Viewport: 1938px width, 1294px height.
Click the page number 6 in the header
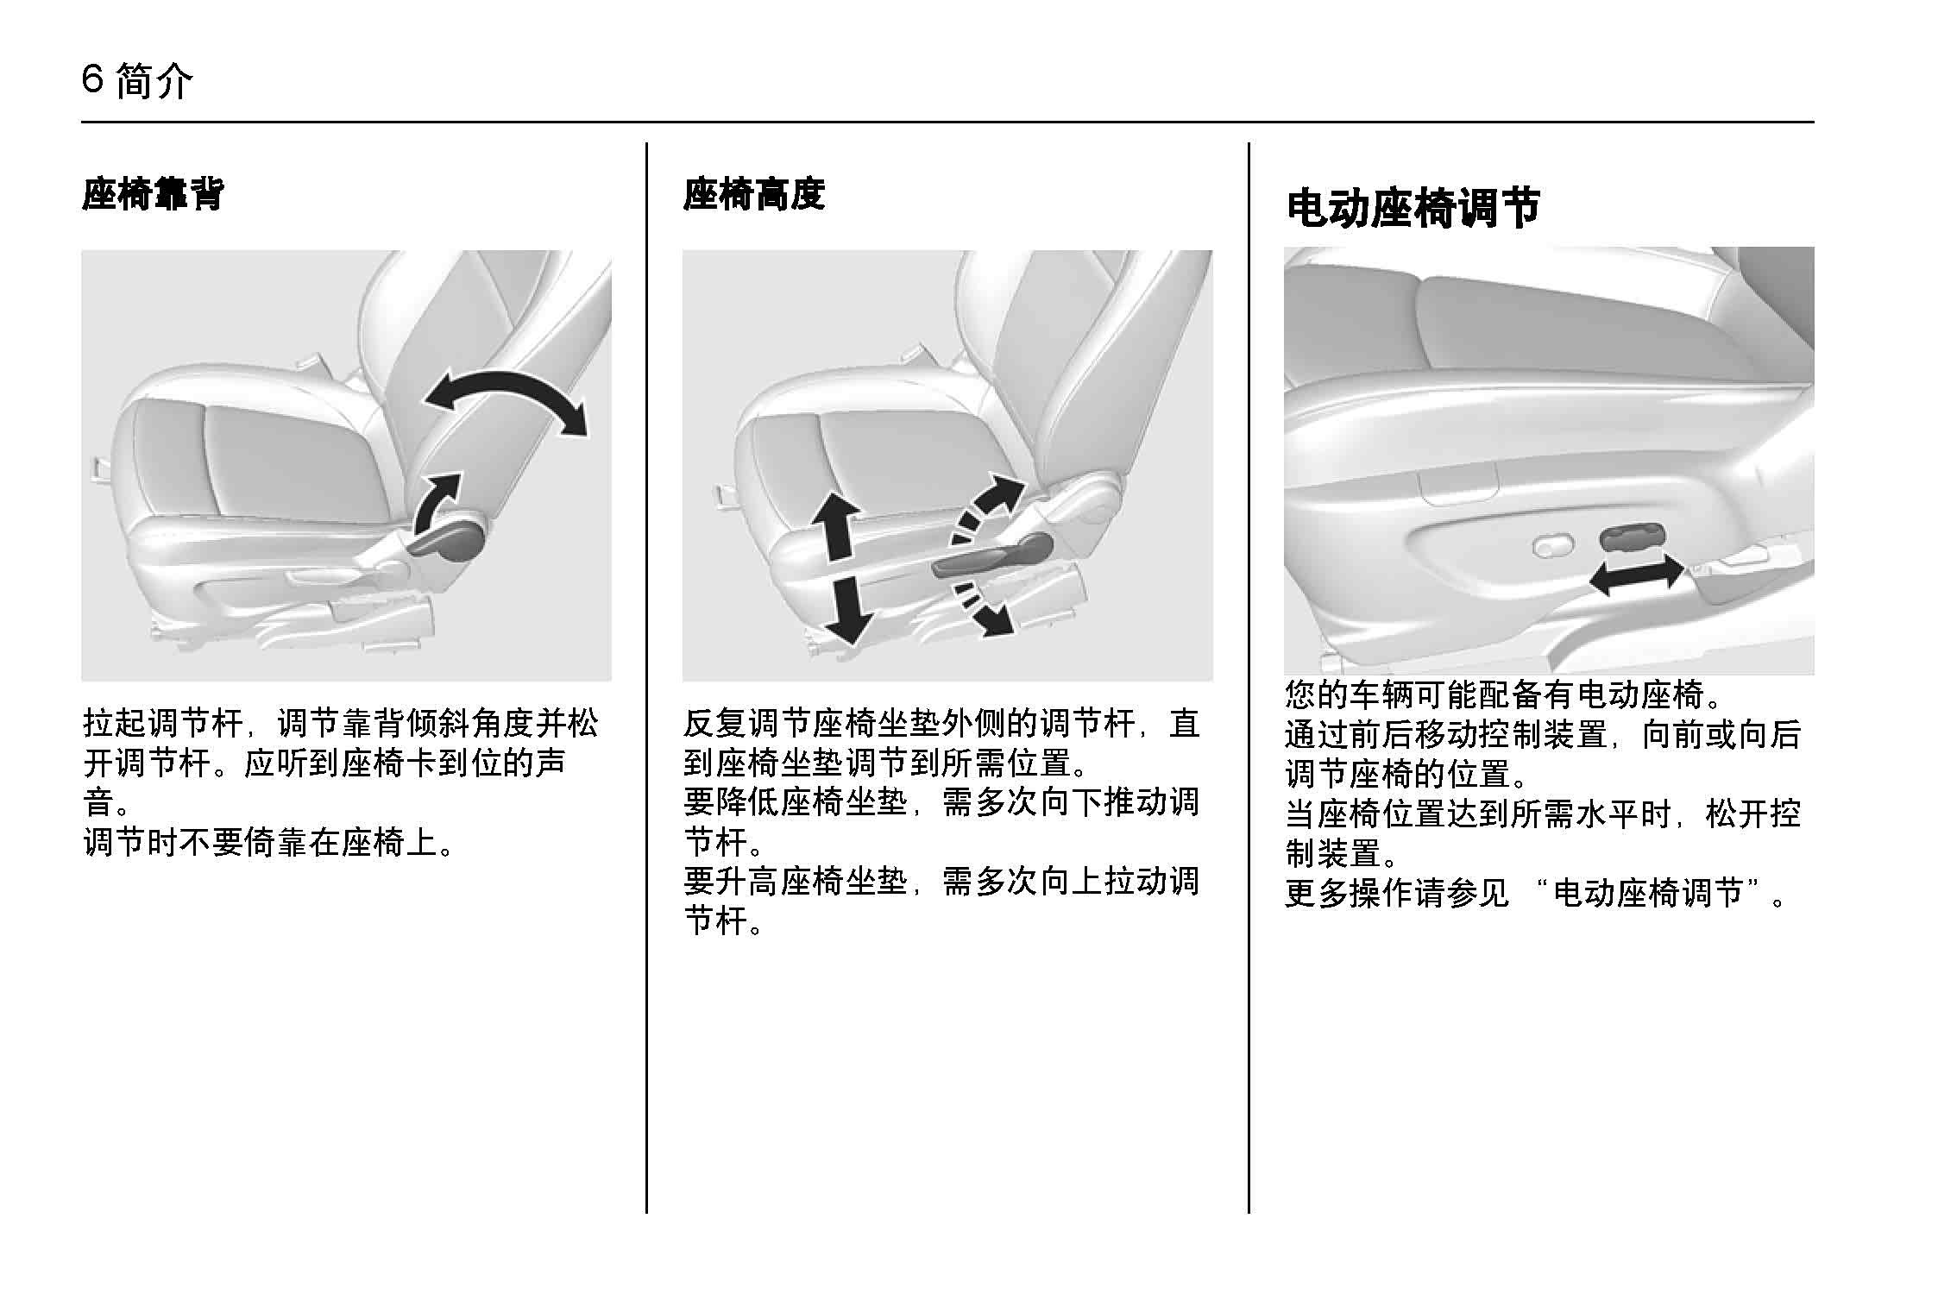(x=93, y=81)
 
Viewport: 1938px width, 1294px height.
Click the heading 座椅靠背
(x=153, y=194)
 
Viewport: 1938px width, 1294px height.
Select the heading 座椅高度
(x=754, y=194)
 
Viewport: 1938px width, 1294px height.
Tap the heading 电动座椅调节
(x=1413, y=209)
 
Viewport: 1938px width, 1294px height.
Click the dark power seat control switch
(x=1628, y=537)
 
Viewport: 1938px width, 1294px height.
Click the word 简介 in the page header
(x=153, y=82)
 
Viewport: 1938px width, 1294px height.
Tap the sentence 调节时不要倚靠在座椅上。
(x=268, y=842)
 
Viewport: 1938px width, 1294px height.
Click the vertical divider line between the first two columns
(x=646, y=678)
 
